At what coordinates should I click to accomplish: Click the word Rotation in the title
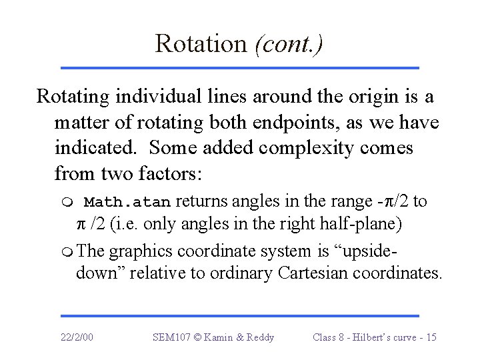click(x=201, y=43)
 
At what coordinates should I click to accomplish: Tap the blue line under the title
click(x=240, y=67)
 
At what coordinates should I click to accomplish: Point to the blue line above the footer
click(x=240, y=315)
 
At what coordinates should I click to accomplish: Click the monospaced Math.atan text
click(x=127, y=201)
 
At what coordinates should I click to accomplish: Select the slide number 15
click(x=431, y=337)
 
